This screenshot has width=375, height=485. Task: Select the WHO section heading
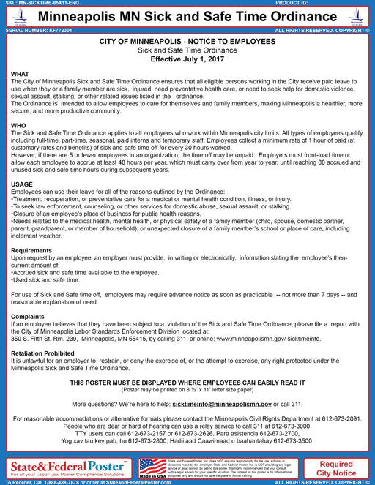click(19, 126)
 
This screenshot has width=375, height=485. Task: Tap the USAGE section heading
click(22, 184)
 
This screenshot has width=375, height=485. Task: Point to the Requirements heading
click(31, 250)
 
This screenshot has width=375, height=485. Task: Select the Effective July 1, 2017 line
click(187, 59)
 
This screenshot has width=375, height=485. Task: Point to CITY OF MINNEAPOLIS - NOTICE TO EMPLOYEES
click(187, 42)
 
